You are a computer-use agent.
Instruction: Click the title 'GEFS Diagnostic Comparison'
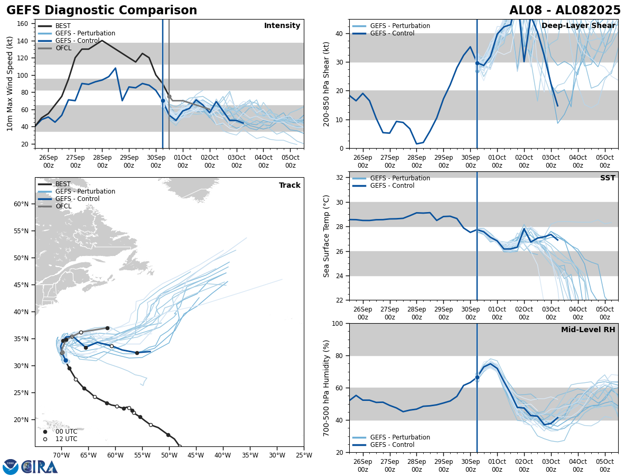pos(101,11)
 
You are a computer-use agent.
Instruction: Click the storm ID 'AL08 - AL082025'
pos(565,11)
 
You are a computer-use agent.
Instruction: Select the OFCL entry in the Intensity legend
pos(63,48)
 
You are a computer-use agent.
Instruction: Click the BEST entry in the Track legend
pos(63,184)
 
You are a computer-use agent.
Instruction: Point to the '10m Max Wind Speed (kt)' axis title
pos(10,84)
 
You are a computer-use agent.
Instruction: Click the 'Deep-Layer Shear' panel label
pos(578,26)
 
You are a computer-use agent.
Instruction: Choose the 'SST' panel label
pos(608,178)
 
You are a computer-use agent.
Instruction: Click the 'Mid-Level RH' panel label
pos(588,330)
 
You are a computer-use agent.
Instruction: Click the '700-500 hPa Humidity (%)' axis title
pos(327,388)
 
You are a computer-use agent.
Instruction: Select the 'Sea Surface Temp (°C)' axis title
pos(327,236)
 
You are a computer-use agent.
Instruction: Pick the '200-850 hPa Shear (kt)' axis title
pos(327,84)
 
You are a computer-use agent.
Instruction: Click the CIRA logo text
pos(39,466)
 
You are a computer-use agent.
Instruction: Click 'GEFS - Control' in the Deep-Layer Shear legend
pos(392,33)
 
